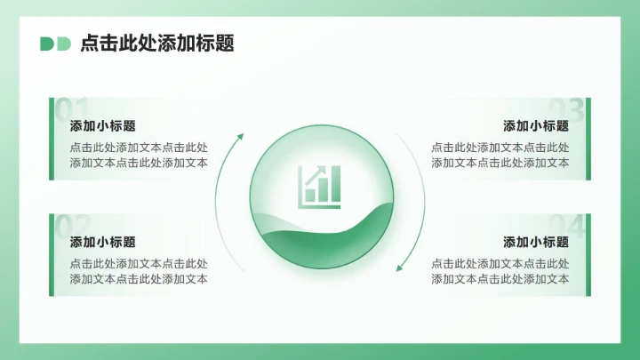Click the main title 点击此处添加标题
[x=156, y=44]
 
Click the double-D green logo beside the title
[x=55, y=44]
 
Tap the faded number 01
[x=71, y=109]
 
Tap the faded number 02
[x=72, y=226]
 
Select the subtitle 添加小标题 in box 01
[x=103, y=126]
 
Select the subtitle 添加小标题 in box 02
[x=103, y=242]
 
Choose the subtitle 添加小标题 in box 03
[x=536, y=126]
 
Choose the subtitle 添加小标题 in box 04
[x=536, y=242]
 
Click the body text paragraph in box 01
[x=139, y=156]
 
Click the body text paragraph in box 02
[x=139, y=271]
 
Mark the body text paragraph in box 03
[x=500, y=156]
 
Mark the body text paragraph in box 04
[x=500, y=271]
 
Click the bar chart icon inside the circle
[x=320, y=185]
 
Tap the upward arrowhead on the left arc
[x=239, y=137]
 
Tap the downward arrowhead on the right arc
[x=401, y=264]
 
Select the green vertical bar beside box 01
[x=52, y=139]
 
